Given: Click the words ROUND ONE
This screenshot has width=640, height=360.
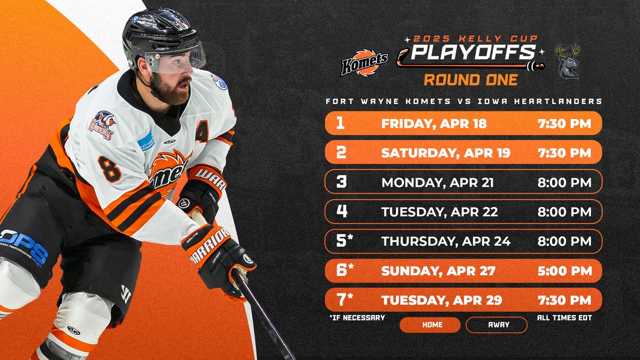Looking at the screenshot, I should click(470, 80).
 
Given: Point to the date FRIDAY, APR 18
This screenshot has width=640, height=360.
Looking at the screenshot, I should click(434, 124).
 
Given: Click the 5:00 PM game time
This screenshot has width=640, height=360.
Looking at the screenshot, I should click(565, 270).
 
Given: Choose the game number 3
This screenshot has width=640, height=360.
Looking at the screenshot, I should click(342, 182).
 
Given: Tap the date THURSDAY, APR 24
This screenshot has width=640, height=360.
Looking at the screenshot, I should click(446, 241).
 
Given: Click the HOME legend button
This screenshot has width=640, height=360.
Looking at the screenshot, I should click(429, 324).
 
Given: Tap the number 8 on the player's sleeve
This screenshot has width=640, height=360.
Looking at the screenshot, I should click(109, 170).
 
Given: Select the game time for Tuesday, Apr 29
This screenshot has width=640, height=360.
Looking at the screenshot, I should click(565, 300).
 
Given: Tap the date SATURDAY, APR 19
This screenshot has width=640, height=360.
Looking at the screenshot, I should click(446, 153).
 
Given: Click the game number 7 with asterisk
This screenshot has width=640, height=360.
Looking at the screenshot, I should click(345, 299).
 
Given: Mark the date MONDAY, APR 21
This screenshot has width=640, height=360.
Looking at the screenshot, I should click(437, 182).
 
